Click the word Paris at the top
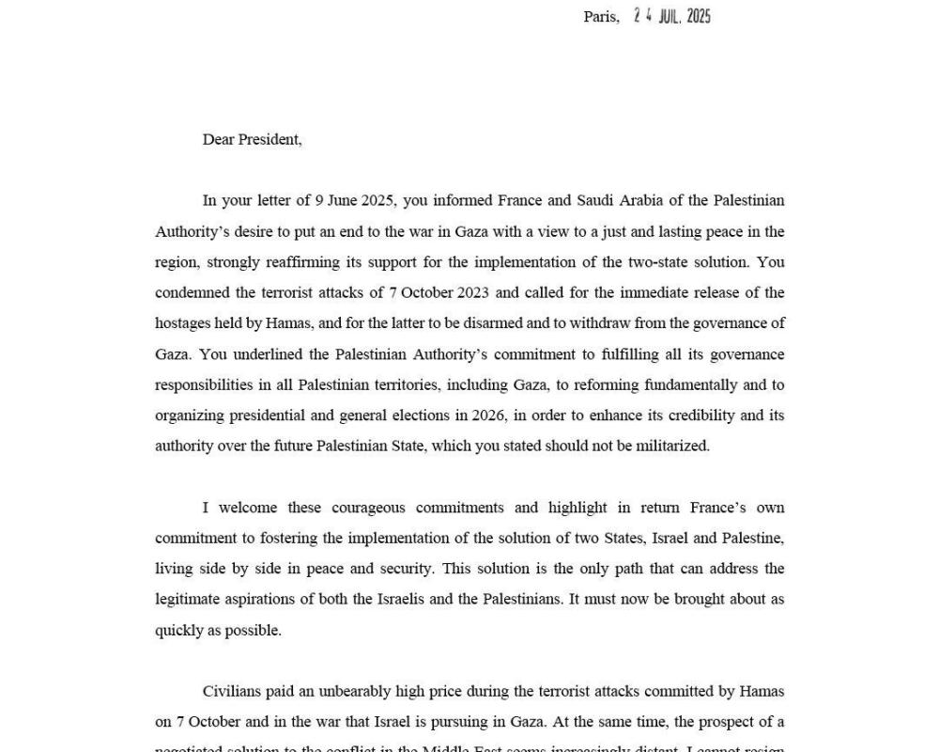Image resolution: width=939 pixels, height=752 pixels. click(600, 17)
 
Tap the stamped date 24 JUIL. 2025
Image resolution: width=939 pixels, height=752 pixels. click(672, 16)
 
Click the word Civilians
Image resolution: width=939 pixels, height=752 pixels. click(233, 691)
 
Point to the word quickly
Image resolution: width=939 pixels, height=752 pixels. click(179, 630)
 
